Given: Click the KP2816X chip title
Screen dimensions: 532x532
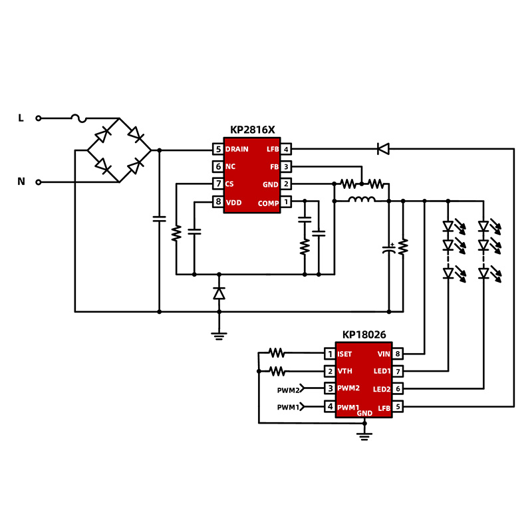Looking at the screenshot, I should point(252,130).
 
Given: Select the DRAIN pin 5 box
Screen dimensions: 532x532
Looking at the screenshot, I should point(217,149).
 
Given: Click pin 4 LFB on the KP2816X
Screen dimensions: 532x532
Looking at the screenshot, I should point(285,149).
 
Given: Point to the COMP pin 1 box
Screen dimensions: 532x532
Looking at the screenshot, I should point(285,201).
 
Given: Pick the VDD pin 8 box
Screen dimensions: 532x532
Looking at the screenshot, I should point(217,201).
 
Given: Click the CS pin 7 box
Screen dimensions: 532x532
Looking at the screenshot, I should point(217,184).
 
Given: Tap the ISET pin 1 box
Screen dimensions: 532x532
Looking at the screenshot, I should point(329,354).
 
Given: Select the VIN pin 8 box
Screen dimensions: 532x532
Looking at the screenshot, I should point(398,354).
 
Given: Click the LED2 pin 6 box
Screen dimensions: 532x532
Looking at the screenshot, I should point(398,389).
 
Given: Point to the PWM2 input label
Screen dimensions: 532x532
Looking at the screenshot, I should point(290,389).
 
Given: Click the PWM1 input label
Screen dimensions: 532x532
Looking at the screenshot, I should point(290,407).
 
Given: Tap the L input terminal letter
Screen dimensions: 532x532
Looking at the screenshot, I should point(21,118).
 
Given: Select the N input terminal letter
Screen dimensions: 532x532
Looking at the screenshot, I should point(21,182).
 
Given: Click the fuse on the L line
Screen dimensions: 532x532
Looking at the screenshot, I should point(79,118).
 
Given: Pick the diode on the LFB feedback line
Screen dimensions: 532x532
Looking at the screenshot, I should point(383,149).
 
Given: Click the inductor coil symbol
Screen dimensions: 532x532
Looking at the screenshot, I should point(362,199).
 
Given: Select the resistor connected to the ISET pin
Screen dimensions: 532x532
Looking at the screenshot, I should point(277,353).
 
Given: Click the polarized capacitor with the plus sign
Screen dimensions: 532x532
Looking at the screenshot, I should point(389,251).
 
